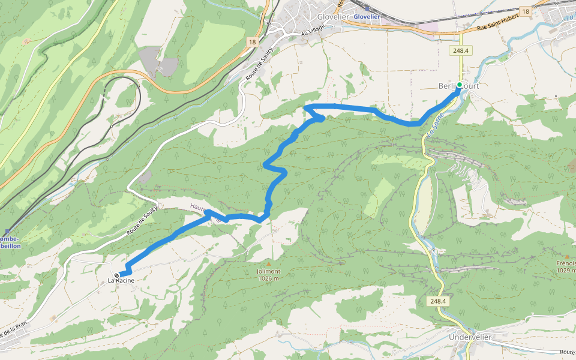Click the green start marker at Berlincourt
[x=460, y=85]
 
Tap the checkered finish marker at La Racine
[x=116, y=275]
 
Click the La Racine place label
[x=121, y=281]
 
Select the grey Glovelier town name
[x=334, y=17]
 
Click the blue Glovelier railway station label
[x=367, y=17]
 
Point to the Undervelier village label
[x=470, y=337]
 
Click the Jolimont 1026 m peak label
[x=269, y=275]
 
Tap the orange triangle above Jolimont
[x=269, y=263]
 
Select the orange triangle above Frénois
[x=566, y=256]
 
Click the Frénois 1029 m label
[x=566, y=267]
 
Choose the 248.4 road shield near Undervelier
[x=438, y=301]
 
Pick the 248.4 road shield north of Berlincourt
[x=463, y=51]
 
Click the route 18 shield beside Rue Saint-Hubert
[x=526, y=11]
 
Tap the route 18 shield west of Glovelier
[x=251, y=41]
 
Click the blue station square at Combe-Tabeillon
[x=8, y=231]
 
